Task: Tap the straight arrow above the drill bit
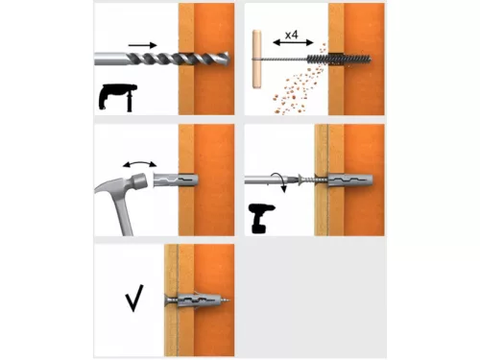[x=143, y=43]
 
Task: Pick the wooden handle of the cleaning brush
[x=256, y=58]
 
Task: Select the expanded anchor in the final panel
[x=196, y=300]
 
